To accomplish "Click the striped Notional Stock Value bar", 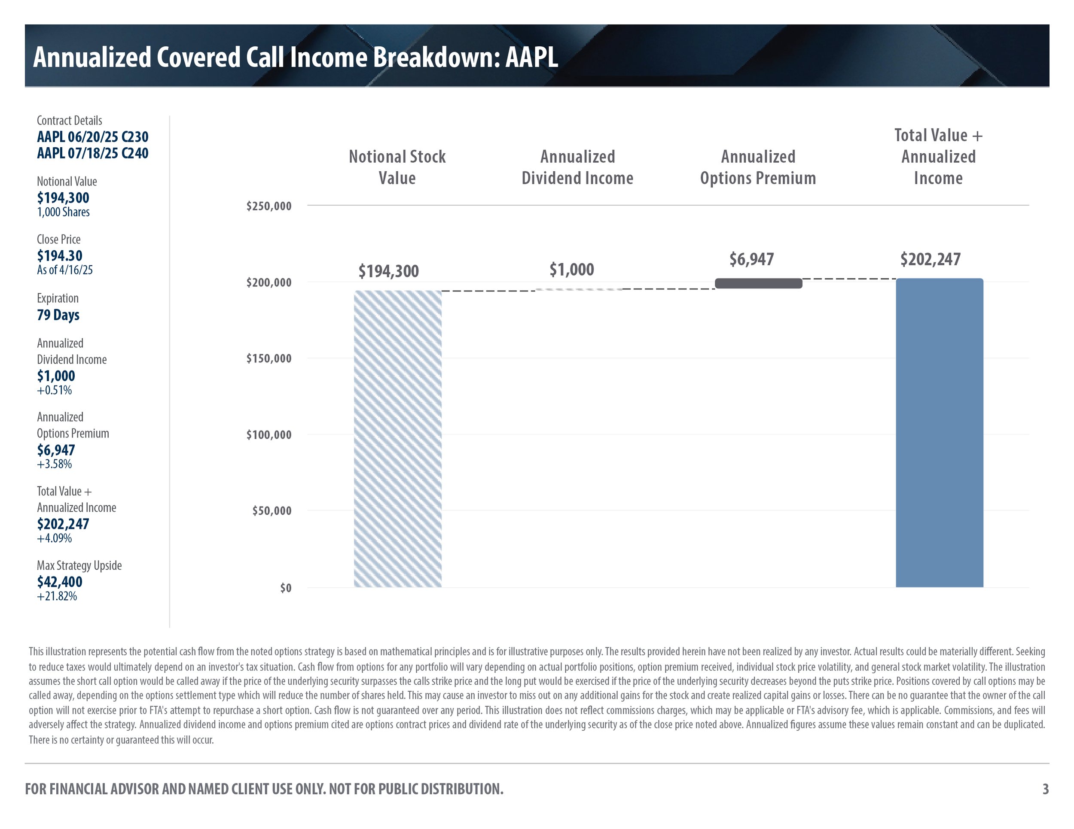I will (397, 438).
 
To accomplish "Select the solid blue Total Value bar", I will (939, 432).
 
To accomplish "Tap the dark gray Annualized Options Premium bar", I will (758, 283).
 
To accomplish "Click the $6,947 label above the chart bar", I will (751, 259).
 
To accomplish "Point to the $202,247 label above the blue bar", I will (930, 259).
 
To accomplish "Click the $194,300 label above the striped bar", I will (388, 271).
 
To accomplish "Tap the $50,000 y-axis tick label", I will (272, 511).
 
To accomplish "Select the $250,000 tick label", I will (268, 206).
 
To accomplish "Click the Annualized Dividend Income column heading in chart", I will (577, 167).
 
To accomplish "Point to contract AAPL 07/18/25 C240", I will (92, 153).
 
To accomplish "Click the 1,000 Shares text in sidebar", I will (63, 212).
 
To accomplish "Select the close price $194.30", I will (60, 255).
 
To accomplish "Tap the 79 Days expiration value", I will (58, 315).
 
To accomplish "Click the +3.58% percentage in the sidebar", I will (54, 464).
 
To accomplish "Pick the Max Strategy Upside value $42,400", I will (60, 582).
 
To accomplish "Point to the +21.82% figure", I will (57, 596).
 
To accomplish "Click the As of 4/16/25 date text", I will (64, 270).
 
